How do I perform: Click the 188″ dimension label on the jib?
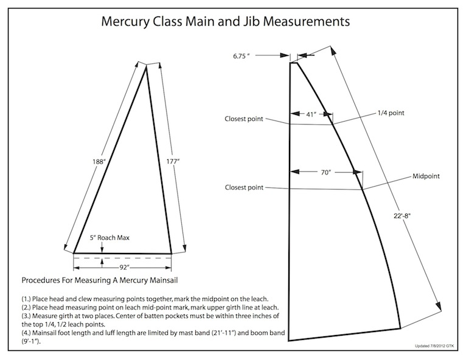click(x=99, y=162)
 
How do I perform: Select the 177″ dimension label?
click(x=173, y=162)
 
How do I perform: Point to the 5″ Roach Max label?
click(x=110, y=238)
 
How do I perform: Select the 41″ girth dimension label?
click(x=311, y=114)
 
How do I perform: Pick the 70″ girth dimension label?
click(x=325, y=173)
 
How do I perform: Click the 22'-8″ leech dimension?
click(x=402, y=216)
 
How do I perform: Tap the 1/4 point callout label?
click(x=391, y=113)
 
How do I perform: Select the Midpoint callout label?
click(x=426, y=176)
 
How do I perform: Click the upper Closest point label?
click(x=244, y=119)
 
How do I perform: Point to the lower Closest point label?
click(x=244, y=187)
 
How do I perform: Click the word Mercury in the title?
click(x=125, y=22)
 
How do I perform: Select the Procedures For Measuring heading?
click(x=100, y=280)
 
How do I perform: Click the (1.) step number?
click(x=26, y=299)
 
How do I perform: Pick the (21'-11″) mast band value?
click(x=223, y=333)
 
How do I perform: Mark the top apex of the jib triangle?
click(x=146, y=66)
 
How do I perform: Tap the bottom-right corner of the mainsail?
click(x=400, y=328)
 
